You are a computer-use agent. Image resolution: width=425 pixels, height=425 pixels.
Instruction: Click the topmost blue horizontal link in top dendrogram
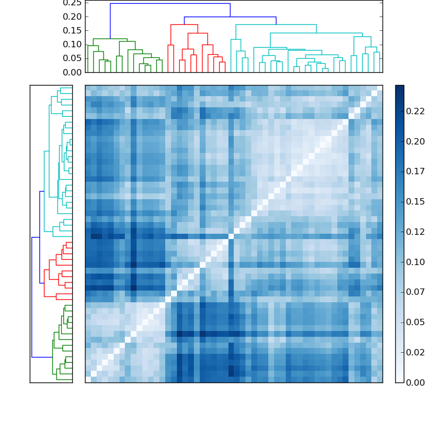170,4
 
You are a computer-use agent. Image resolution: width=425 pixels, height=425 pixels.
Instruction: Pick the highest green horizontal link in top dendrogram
110,39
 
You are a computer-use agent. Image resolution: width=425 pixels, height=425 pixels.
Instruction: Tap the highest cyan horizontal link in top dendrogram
276,24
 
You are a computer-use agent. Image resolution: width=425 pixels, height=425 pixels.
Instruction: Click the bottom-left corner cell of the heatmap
88,379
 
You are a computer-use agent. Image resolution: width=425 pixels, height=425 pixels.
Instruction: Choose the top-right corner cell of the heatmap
379,88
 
